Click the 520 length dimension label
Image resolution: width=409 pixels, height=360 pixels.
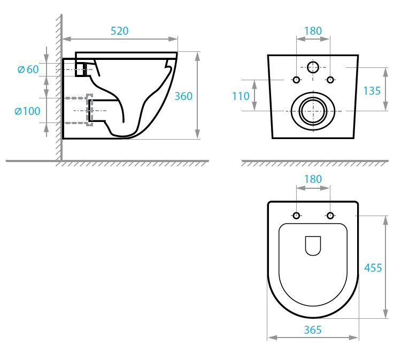(x=119, y=31)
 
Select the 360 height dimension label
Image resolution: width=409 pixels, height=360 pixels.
(x=183, y=96)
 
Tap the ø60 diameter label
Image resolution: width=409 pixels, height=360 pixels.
(x=28, y=70)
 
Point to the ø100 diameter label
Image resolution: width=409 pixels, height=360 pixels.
(x=27, y=111)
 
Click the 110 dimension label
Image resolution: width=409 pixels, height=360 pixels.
(x=241, y=96)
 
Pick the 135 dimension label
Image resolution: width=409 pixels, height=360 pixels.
(x=372, y=91)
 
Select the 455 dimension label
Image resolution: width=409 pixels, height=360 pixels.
(x=373, y=268)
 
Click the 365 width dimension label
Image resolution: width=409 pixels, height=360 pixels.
(x=313, y=330)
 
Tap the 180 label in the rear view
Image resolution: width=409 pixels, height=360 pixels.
(x=313, y=31)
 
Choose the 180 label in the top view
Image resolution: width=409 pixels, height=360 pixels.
(x=313, y=179)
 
